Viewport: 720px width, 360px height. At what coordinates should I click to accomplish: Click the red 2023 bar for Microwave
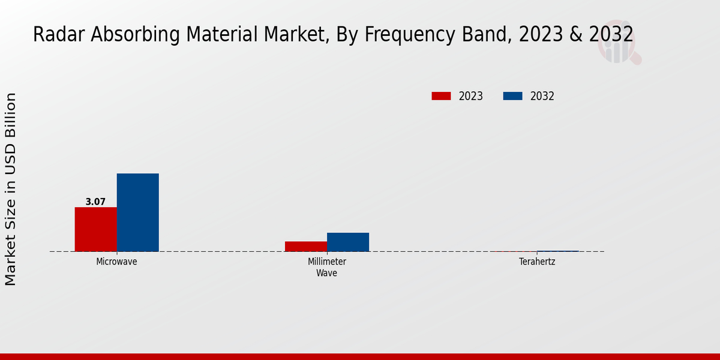[x=96, y=229]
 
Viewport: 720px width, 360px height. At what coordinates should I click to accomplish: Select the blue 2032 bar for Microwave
[x=138, y=212]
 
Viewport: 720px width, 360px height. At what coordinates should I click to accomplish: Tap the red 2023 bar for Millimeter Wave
[x=306, y=247]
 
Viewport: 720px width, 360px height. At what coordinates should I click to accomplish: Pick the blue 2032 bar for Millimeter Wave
[x=348, y=242]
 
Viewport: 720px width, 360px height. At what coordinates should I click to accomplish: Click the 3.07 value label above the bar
[x=95, y=202]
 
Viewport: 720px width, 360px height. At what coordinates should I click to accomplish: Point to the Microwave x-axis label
[x=116, y=262]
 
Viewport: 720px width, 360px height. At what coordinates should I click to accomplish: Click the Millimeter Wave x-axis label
[x=327, y=267]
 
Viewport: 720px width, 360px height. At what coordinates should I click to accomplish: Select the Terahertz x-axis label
[x=537, y=262]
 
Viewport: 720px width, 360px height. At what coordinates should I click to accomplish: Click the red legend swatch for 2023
[x=441, y=96]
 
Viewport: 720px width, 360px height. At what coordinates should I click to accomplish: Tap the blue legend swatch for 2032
[x=512, y=96]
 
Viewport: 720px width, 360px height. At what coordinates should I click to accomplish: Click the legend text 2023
[x=471, y=96]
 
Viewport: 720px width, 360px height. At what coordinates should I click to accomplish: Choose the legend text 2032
[x=542, y=96]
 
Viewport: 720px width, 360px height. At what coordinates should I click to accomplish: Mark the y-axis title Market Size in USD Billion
[x=10, y=189]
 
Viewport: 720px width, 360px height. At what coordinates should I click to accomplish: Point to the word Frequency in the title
[x=410, y=35]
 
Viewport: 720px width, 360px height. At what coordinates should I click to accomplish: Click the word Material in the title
[x=222, y=34]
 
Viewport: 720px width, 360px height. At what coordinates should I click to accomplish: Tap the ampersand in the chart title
[x=575, y=34]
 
